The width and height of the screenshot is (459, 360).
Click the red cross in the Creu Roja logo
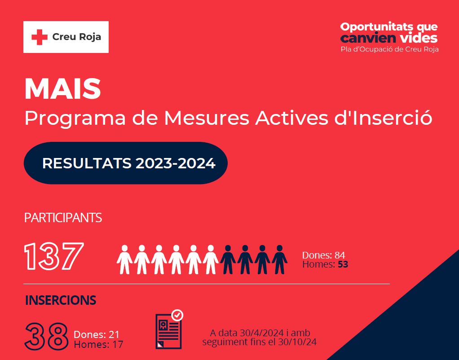coord(40,37)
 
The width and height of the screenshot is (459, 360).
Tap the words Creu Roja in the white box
coord(77,37)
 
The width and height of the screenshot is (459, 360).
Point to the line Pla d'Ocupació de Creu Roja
coord(390,49)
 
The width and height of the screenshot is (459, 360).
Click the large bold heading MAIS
coord(63,89)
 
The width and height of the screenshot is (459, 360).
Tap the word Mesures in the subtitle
coord(207,118)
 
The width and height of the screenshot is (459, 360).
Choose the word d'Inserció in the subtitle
coord(384,118)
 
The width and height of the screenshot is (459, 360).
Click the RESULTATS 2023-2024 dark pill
coord(126,163)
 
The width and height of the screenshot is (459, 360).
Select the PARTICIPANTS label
coord(63,218)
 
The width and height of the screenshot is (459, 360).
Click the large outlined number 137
coord(54,256)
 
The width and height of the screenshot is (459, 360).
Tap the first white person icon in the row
coord(124,259)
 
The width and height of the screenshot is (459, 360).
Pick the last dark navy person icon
coord(279,259)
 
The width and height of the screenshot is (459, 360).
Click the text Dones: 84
coord(323,255)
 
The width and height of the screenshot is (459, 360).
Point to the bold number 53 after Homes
coord(343,264)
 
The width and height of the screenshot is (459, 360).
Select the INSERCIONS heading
coord(61,300)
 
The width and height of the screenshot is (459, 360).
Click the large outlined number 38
coord(46,337)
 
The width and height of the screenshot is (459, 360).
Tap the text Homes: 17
coord(98,344)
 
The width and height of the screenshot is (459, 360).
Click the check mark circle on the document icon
coord(177,316)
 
